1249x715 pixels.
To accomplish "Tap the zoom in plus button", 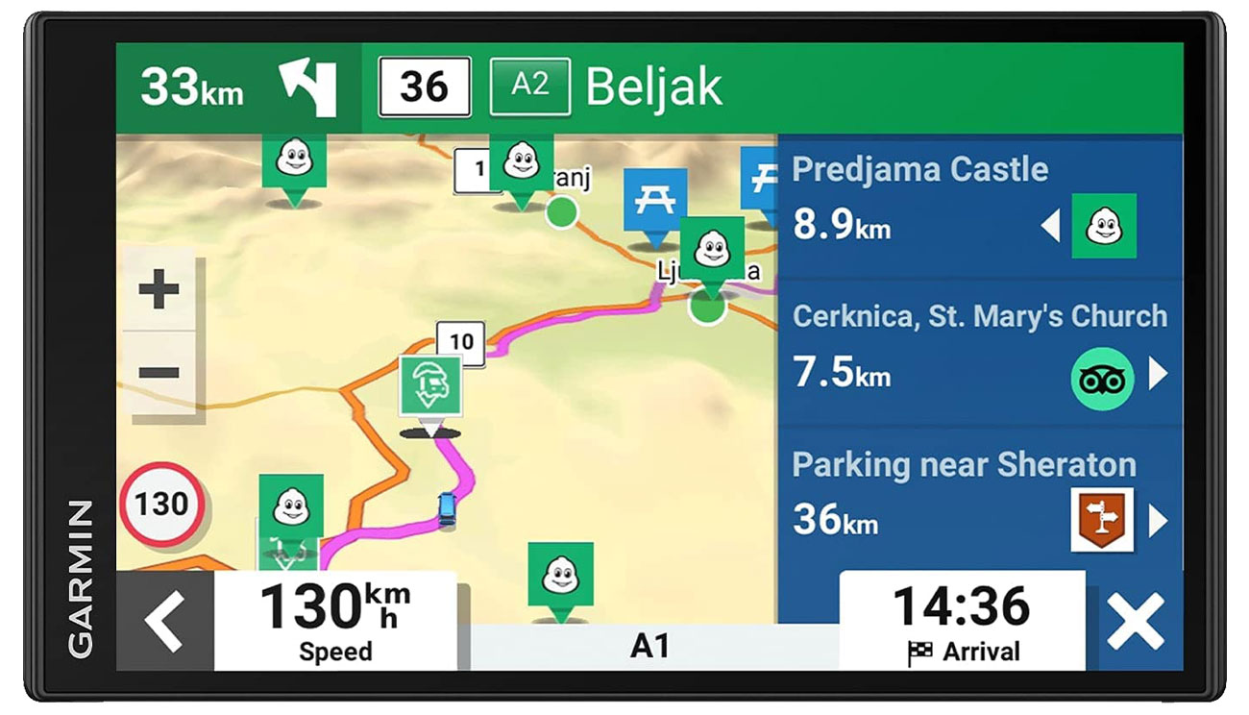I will coord(159,289).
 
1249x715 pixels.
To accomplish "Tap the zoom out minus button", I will coord(159,373).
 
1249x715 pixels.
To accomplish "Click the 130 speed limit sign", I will coord(161,504).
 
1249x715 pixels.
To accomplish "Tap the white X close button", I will coord(1135,622).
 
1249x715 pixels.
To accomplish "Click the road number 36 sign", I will coord(424,87).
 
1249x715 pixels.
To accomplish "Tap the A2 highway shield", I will coord(529,87).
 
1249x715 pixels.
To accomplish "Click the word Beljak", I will coord(653,87).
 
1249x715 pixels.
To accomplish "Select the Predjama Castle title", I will coord(919,169).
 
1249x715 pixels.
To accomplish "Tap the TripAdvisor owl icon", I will coord(1102,379).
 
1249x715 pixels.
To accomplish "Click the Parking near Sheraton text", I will coord(964,465).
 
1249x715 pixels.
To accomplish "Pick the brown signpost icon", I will coord(1102,520).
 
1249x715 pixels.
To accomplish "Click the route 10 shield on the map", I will coord(461,340).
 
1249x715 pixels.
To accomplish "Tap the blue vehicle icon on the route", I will coord(447,509).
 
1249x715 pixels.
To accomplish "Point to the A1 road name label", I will coord(649,646).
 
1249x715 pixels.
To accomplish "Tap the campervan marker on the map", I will coord(430,385).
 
